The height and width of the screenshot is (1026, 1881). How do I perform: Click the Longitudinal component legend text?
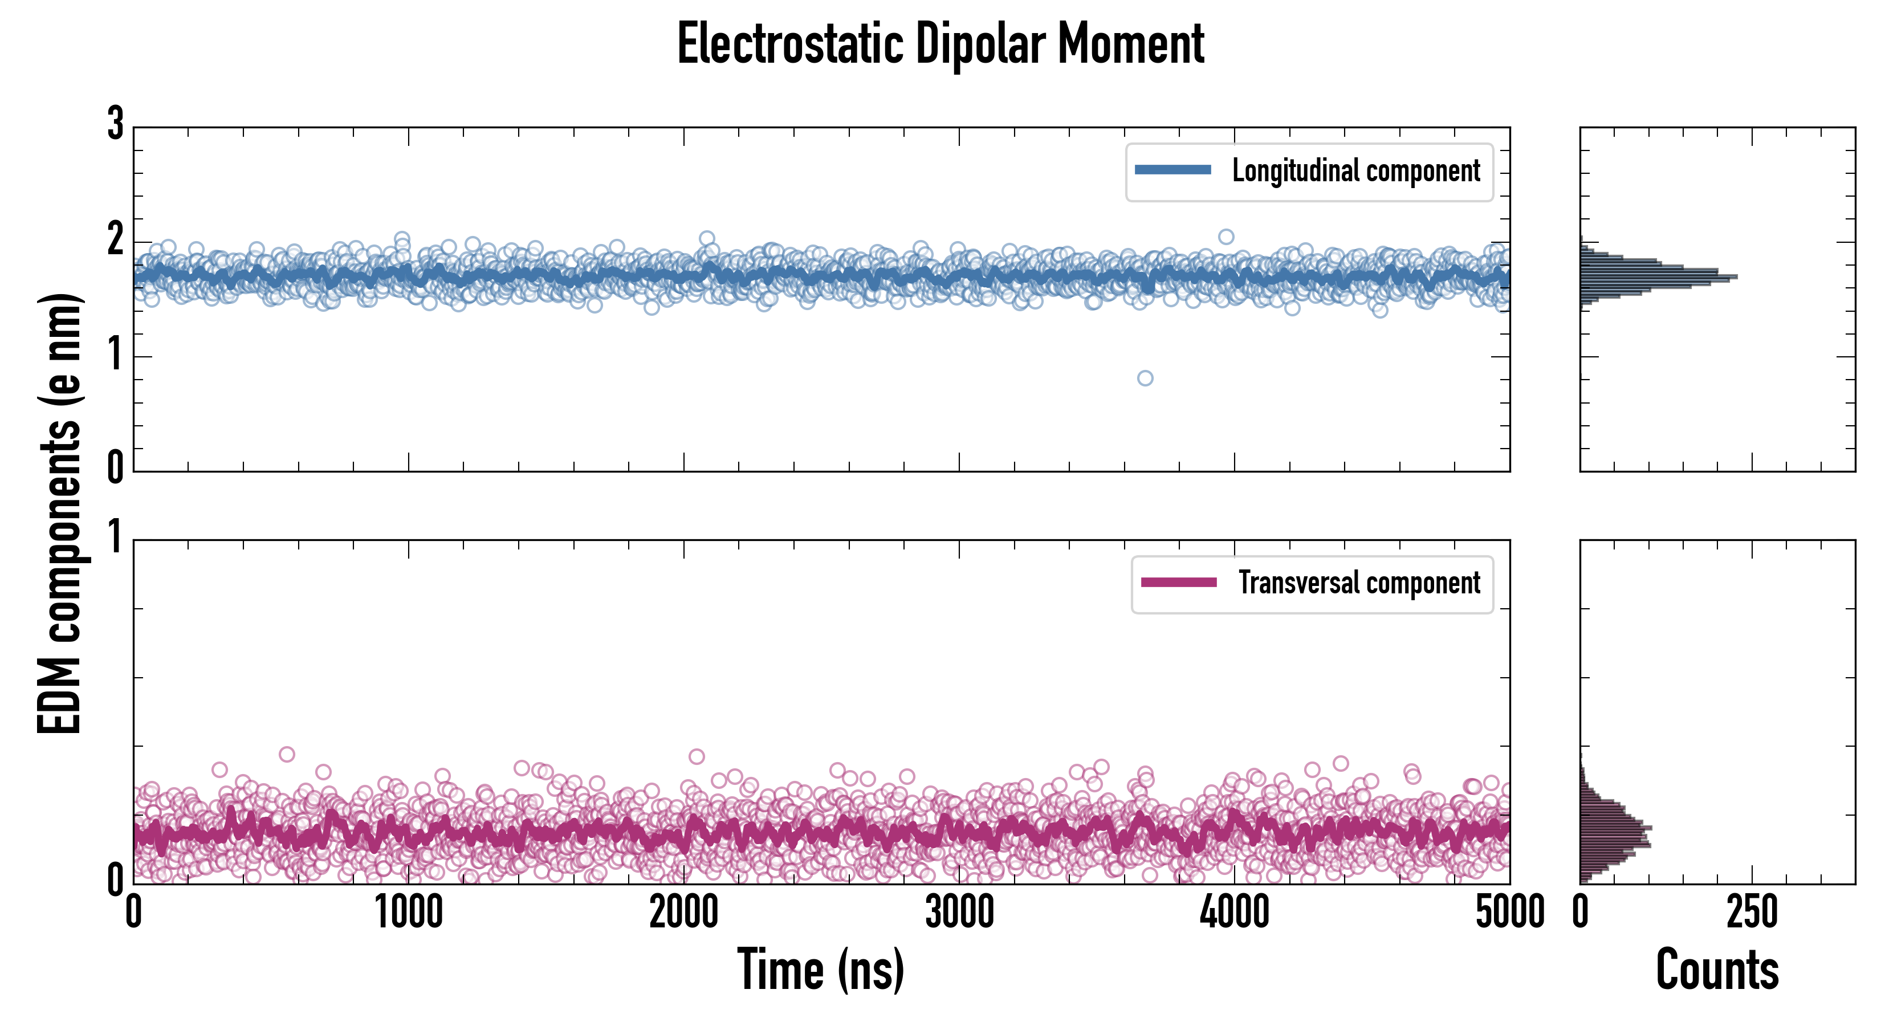[x=1356, y=171]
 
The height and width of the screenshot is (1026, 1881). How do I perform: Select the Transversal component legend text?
[x=1359, y=583]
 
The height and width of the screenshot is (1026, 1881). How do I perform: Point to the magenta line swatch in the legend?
[x=1179, y=582]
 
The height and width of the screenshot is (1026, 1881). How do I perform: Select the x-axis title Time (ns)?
[x=821, y=969]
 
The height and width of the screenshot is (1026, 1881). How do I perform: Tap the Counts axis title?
[x=1717, y=969]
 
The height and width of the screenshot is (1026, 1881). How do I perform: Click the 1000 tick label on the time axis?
[x=409, y=913]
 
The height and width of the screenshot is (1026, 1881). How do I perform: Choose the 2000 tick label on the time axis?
[x=684, y=913]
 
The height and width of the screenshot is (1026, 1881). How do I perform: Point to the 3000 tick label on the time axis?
[x=959, y=913]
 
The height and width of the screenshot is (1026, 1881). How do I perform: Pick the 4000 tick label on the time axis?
[x=1235, y=913]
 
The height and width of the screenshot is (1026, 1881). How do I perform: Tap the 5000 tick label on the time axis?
[x=1509, y=913]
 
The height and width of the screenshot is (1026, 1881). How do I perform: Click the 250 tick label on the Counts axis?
[x=1752, y=913]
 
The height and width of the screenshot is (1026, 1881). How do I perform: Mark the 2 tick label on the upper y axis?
[x=115, y=239]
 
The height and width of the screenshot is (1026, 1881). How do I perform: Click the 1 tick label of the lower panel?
[x=115, y=539]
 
